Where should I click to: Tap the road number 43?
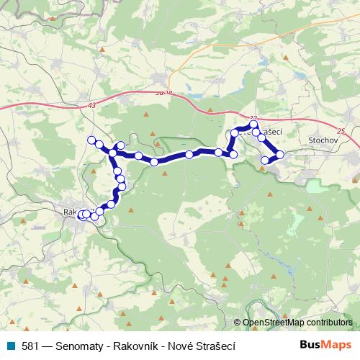click(x=91, y=105)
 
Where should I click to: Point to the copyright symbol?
click(x=237, y=323)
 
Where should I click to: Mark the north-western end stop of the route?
click(x=91, y=140)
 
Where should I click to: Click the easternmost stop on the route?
click(x=280, y=154)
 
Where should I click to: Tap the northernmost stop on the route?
click(x=254, y=125)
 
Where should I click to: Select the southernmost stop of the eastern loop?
click(x=265, y=160)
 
